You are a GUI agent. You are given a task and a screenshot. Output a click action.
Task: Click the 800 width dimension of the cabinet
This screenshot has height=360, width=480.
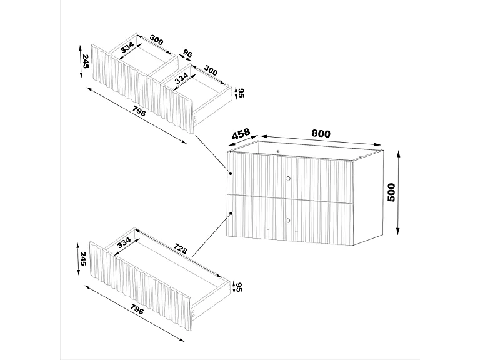tap(320, 133)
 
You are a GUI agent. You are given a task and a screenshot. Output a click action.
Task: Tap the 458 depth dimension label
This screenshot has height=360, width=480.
tap(241, 134)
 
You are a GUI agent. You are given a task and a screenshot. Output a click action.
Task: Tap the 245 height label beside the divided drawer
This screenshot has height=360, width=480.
tap(85, 61)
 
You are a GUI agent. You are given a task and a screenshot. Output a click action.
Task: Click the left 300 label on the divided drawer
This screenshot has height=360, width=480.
tap(156, 41)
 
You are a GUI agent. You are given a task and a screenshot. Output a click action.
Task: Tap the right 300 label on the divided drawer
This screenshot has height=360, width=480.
tap(211, 71)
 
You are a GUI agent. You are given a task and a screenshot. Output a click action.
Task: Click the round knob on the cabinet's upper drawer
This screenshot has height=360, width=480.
tap(288, 178)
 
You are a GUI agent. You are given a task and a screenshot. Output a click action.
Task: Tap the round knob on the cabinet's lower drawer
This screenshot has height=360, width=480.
tap(288, 220)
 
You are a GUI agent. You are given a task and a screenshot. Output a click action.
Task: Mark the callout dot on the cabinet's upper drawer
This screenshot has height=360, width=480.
tap(230, 172)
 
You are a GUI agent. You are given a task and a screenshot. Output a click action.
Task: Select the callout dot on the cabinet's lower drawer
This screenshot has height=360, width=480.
tap(231, 213)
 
